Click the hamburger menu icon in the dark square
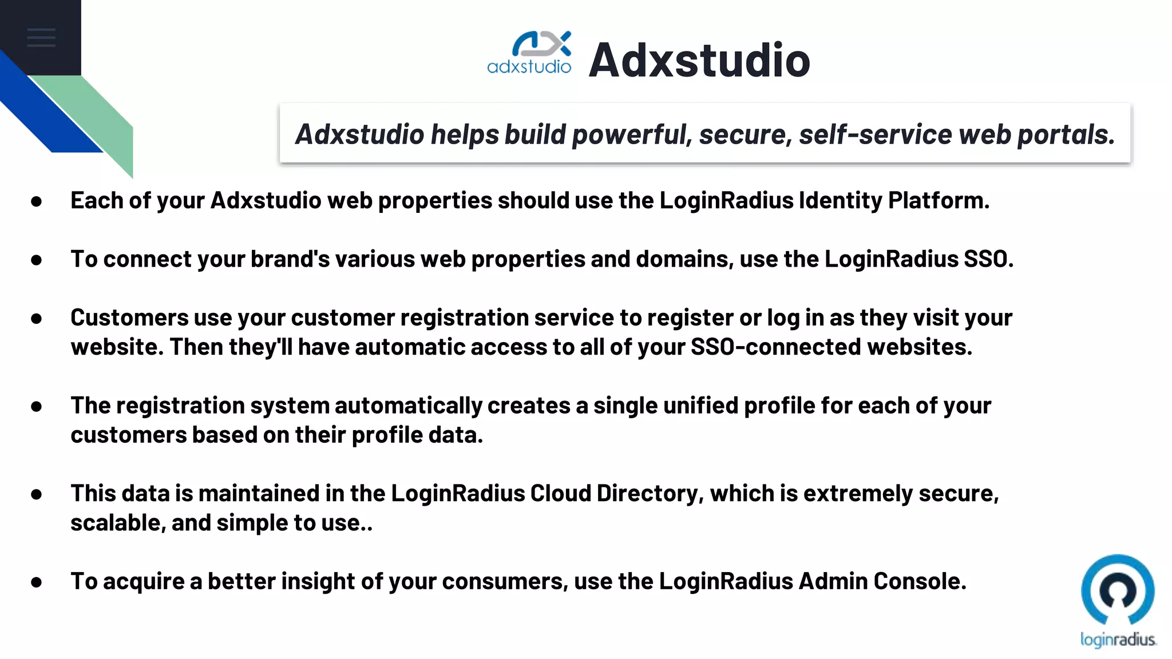point(41,38)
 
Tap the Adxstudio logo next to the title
point(529,53)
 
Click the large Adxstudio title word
point(699,60)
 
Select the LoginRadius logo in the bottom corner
point(1118,601)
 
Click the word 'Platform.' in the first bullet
point(939,201)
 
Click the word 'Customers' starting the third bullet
point(129,318)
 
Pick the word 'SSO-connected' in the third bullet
point(775,347)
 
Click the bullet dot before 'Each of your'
point(37,201)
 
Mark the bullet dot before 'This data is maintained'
point(37,494)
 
